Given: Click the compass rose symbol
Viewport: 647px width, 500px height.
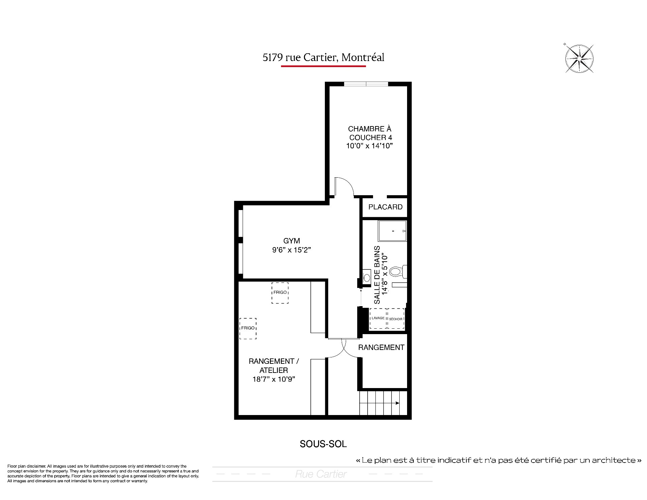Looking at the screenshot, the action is coord(579,59).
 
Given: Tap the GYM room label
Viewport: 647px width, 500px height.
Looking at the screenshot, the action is coord(291,241).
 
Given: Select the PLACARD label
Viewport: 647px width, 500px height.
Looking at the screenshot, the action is coord(385,207).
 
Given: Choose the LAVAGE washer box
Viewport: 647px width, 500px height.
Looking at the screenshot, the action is coord(378,318).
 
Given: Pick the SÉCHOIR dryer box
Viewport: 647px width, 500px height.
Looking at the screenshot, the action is coord(396,318).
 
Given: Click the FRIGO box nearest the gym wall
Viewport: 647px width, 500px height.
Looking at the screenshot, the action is coord(280,293).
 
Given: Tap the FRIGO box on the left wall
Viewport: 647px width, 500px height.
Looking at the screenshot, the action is coord(248,328).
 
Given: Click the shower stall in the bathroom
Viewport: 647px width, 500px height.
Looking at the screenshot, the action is coord(392,231).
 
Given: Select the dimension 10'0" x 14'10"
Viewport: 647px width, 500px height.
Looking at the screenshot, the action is coord(370,146).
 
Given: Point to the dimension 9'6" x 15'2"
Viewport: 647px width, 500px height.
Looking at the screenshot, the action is coord(291,250).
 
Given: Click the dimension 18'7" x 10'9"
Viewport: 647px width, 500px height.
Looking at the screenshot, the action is coord(274,379).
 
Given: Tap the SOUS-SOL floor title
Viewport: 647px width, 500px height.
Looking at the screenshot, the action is coord(323,444).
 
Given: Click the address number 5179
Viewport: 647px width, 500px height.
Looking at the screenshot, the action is coord(273,58).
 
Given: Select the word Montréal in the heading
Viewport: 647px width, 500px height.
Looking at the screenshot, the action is coord(363,58).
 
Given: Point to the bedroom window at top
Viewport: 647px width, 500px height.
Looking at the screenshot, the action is coord(366,84).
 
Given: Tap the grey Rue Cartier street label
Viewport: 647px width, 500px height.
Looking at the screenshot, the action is coord(321,474).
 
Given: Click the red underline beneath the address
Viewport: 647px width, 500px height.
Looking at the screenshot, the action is coord(323,66).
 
